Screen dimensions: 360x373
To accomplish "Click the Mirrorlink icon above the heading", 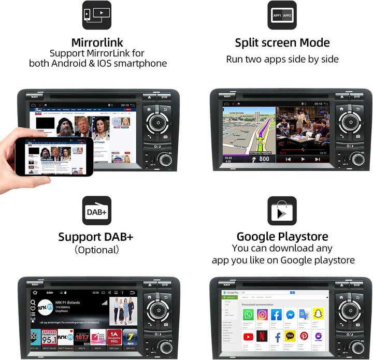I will click(x=97, y=15).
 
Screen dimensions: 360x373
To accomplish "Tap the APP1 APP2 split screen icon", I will click(x=282, y=15).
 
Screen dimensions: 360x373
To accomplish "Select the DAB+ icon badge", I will click(x=97, y=211).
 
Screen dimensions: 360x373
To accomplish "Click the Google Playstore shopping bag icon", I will click(x=282, y=211).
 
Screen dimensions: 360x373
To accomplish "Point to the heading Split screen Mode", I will click(x=282, y=42).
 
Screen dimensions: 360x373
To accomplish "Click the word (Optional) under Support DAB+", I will click(x=97, y=250).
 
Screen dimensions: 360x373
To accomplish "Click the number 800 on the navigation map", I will click(x=264, y=159).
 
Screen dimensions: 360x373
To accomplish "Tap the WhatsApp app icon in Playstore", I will click(x=249, y=314).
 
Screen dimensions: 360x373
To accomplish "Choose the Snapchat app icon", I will click(x=318, y=314).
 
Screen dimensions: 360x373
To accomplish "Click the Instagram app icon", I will click(x=263, y=314).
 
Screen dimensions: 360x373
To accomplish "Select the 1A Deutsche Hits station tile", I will click(x=113, y=337).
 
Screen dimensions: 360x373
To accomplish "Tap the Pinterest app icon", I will click(x=304, y=336).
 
